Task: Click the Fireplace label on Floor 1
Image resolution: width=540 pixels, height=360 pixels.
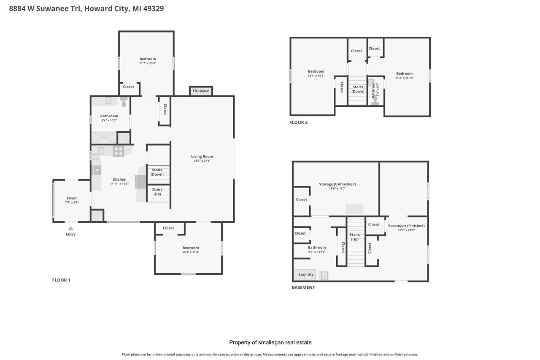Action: click(x=201, y=91)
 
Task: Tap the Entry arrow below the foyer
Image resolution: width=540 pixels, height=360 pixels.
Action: click(x=71, y=228)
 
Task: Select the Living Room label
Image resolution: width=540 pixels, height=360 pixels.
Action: click(x=202, y=156)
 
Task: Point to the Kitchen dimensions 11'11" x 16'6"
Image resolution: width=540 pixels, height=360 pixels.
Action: click(x=119, y=184)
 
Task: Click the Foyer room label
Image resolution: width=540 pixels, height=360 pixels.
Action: click(x=72, y=198)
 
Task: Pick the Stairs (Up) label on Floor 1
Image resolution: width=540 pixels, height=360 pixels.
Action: click(x=157, y=192)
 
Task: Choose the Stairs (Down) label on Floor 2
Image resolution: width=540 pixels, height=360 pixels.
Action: click(x=358, y=89)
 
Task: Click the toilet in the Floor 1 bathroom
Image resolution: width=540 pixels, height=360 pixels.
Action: click(x=124, y=102)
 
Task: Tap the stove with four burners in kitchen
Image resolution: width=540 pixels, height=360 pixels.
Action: click(x=119, y=151)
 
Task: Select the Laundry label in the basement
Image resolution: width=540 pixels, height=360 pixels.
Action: click(x=306, y=274)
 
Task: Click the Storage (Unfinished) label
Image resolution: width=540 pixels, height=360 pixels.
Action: click(x=337, y=184)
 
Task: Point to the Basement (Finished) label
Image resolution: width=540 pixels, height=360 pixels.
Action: click(x=406, y=226)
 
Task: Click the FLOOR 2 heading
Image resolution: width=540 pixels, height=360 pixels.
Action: click(x=298, y=122)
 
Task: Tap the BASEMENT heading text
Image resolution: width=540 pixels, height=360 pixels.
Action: click(x=303, y=287)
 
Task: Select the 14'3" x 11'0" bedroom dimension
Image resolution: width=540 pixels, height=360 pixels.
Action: click(x=190, y=252)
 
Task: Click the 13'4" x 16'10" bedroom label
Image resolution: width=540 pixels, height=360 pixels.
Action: click(x=404, y=78)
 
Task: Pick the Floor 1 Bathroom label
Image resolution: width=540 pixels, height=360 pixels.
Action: click(x=109, y=116)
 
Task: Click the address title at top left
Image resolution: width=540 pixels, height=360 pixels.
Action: click(x=86, y=8)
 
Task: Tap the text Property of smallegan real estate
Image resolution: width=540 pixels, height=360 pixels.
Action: click(x=270, y=342)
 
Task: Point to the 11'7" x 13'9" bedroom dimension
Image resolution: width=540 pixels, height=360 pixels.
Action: click(x=148, y=63)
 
